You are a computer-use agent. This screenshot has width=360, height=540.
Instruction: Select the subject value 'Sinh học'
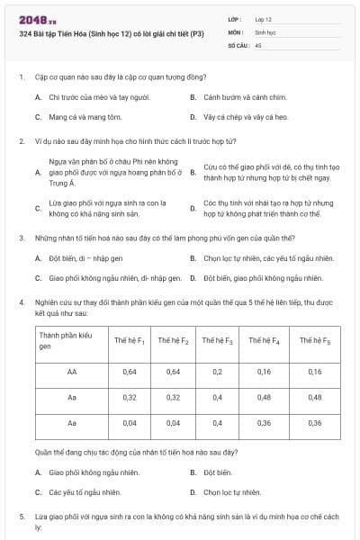[265, 31]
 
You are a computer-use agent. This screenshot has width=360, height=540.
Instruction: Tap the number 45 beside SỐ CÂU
[258, 44]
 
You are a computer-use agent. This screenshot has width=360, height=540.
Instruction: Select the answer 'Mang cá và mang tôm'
[76, 117]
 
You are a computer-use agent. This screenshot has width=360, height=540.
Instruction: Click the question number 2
[21, 141]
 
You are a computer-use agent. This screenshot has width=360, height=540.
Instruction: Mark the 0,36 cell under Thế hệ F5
[315, 422]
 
